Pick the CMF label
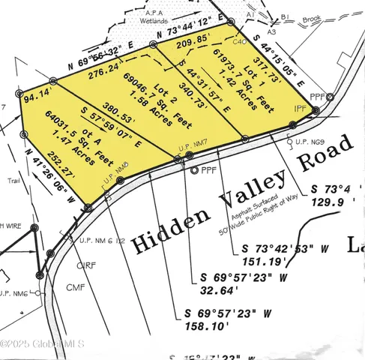pos(75,286)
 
